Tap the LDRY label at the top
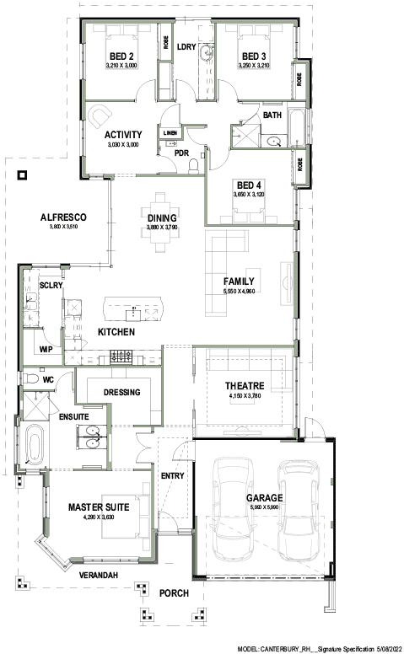pos(186,46)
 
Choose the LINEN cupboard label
pos(169,133)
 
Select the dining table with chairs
pos(159,222)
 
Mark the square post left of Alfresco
pos(22,176)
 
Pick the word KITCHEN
pos(116,333)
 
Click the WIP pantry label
pos(46,348)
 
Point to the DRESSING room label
pos(121,393)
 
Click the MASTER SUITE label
pos(98,507)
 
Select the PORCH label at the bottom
pos(174,593)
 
